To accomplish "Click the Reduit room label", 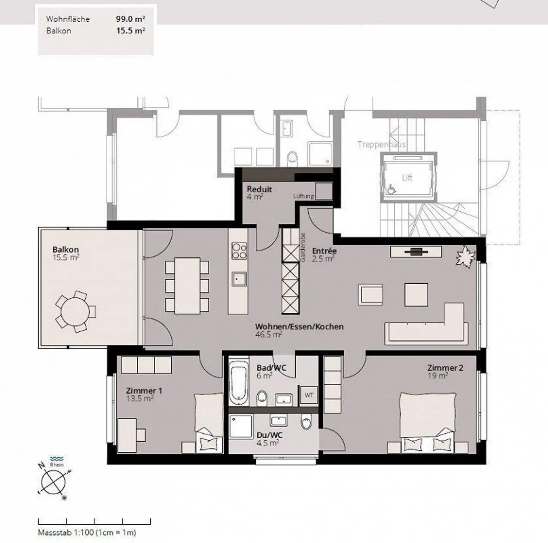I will coord(259,189).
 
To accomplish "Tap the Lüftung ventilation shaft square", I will coord(324,192).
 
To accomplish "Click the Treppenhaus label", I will coord(381,144).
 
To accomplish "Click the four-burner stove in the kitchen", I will coord(239,251).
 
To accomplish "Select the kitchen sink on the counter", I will coord(239,279).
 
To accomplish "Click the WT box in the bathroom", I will coord(309,395).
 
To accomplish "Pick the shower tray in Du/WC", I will coord(241,426).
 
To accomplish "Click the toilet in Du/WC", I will coord(306,422).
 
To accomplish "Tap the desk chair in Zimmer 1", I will coord(141,434).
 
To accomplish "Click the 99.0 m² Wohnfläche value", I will coord(130,19).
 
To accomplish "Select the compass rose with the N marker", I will coord(54,480).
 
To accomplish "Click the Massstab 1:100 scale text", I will coord(87,532).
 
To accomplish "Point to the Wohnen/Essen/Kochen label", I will coord(299,327).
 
